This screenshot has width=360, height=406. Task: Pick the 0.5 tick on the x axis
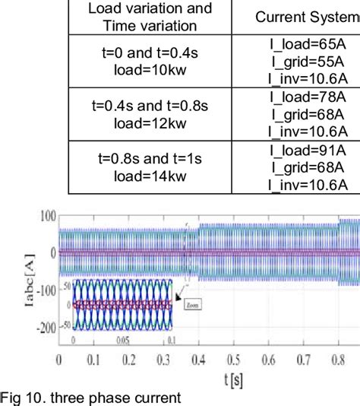[x=246, y=358]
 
